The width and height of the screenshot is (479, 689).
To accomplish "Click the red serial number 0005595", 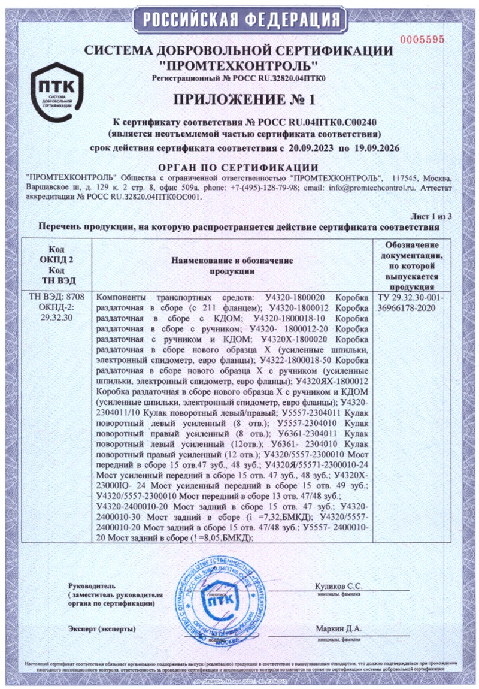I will (423, 39).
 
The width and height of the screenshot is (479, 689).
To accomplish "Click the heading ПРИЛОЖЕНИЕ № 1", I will (239, 98).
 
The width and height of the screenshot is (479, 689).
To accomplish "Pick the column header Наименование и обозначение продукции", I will (232, 265).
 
